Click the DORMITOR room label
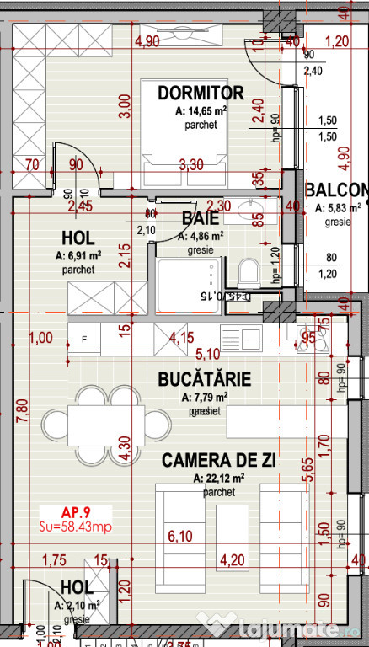[201, 93]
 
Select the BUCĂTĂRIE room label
[205, 380]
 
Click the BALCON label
[337, 190]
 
